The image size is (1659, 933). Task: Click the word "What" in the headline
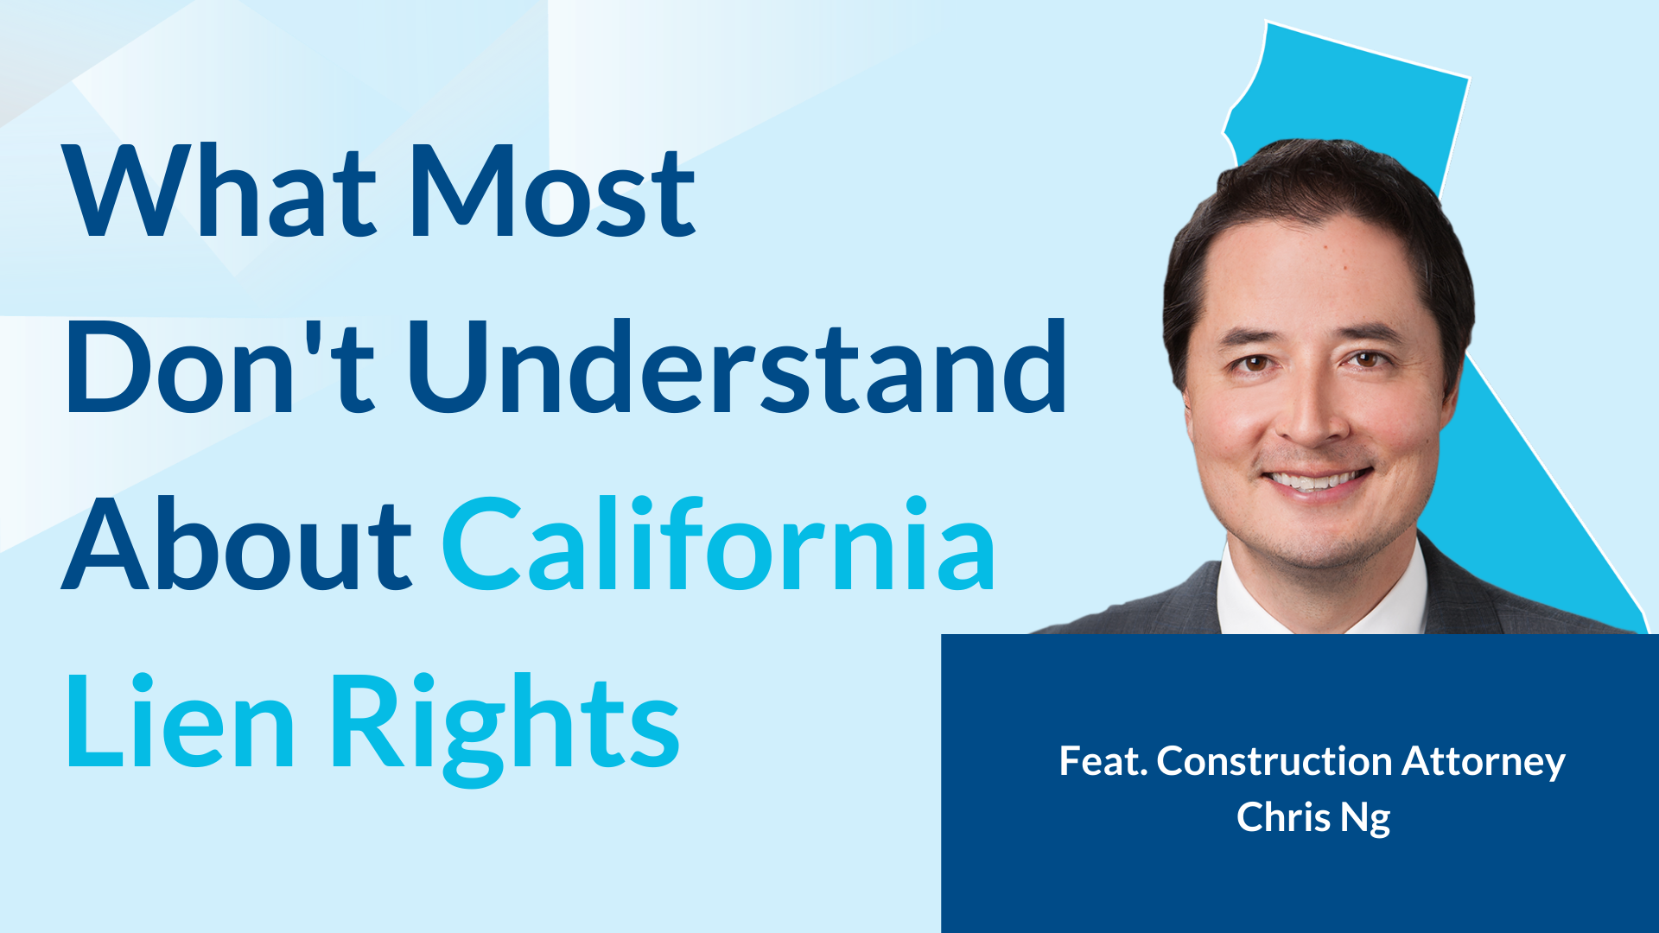point(220,191)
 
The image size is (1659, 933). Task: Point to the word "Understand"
point(737,366)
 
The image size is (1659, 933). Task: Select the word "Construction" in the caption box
point(1274,761)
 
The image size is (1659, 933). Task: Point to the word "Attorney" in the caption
point(1484,763)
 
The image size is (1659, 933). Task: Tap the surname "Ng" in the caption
point(1365,819)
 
